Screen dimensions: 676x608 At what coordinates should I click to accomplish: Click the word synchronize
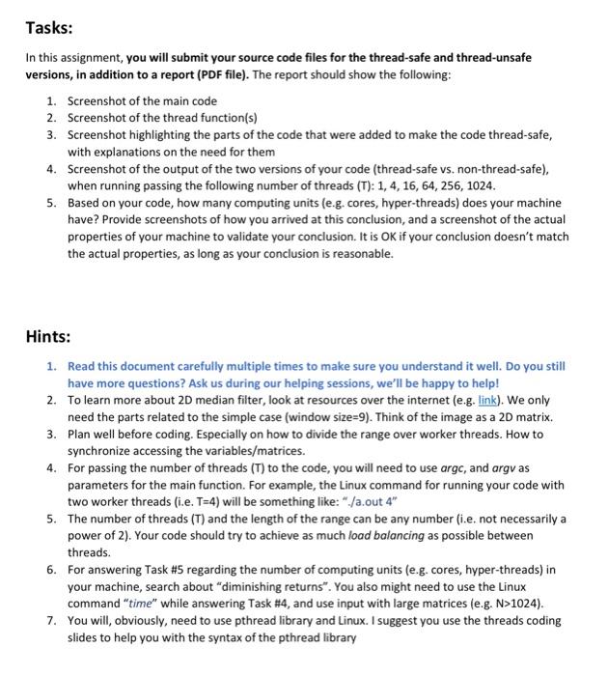pos(102,452)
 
